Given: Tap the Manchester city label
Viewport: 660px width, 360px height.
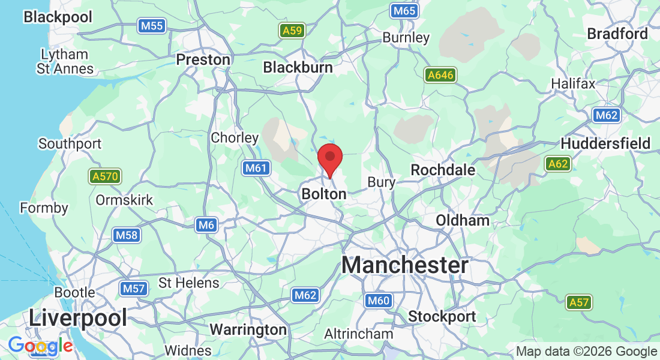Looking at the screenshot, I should [x=405, y=265].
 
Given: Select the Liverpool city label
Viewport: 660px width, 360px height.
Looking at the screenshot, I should [x=78, y=317].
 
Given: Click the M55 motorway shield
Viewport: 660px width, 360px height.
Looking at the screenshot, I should [x=152, y=26].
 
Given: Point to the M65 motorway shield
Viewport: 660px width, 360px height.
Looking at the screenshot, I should [x=403, y=11].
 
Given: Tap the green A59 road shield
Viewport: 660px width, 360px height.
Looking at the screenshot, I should [x=292, y=31].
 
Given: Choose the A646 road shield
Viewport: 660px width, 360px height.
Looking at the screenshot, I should [x=440, y=75].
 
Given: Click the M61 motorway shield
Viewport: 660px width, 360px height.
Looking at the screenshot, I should [x=256, y=169].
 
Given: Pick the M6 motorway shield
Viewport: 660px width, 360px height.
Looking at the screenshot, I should [x=206, y=225].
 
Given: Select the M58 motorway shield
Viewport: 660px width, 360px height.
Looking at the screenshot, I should [x=127, y=235].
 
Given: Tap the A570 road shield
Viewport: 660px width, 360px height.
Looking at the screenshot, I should [x=105, y=177].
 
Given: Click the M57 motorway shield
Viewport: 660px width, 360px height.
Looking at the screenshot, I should [x=133, y=289].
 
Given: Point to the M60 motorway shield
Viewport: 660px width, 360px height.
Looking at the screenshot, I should [x=378, y=301].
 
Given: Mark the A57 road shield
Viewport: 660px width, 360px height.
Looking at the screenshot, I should [x=579, y=302].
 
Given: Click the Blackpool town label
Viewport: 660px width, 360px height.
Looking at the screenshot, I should [x=58, y=17].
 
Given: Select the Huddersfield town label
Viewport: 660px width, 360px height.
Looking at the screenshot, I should [x=605, y=143].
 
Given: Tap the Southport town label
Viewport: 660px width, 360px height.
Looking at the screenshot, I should [x=70, y=144].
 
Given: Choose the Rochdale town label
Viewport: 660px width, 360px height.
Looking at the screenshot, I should [x=443, y=170].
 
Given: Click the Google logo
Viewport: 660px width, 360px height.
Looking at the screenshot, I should [x=40, y=346].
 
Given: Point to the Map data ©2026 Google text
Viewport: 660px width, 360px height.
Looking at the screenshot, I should [x=587, y=352].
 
